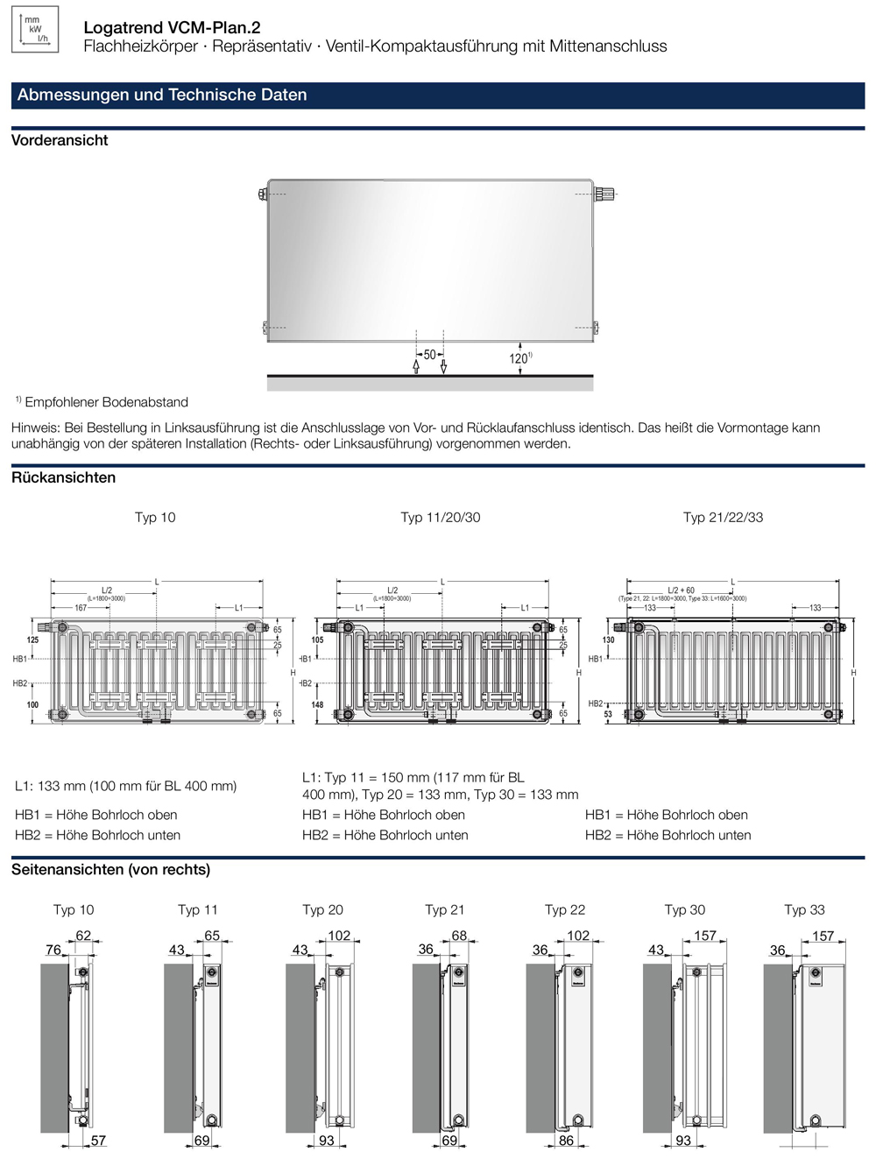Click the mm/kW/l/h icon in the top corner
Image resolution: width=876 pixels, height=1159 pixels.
(x=35, y=29)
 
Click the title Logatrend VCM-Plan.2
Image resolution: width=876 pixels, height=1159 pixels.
(x=172, y=28)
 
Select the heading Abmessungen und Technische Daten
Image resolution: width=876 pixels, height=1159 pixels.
(x=162, y=95)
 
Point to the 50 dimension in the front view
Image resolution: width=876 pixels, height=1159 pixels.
(x=429, y=355)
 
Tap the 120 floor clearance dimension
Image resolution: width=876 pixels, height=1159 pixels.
(x=519, y=358)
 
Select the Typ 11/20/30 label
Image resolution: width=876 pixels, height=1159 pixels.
(x=441, y=517)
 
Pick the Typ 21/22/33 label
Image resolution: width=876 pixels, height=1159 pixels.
(x=723, y=517)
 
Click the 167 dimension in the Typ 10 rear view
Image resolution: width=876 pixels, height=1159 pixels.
(x=81, y=607)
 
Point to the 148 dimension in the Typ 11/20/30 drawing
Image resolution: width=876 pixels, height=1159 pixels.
(x=317, y=704)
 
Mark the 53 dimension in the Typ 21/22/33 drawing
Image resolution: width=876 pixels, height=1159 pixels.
(x=608, y=715)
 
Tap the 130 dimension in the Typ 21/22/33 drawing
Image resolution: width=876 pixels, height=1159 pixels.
(x=608, y=640)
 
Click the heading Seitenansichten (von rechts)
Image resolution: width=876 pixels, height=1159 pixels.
(x=110, y=869)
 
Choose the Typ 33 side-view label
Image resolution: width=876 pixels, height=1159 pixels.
(x=804, y=909)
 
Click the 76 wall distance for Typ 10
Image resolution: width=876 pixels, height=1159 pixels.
(x=53, y=950)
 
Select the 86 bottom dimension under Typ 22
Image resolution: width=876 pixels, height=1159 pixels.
(x=566, y=1140)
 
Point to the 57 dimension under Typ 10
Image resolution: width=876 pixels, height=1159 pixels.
(x=98, y=1140)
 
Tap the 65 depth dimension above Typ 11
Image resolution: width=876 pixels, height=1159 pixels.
(x=212, y=936)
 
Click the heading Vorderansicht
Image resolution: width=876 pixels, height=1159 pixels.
(x=60, y=140)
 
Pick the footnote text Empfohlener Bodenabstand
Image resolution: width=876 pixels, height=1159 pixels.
(x=106, y=402)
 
